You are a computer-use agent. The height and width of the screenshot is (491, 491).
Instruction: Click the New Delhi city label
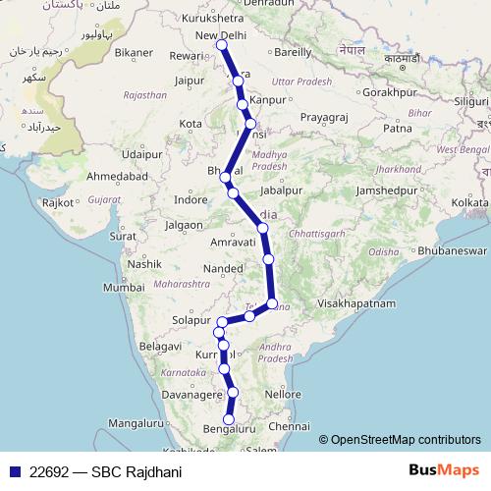click(222, 35)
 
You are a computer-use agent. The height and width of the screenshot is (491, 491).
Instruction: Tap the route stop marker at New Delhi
click(222, 45)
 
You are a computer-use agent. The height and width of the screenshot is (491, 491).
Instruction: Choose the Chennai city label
click(290, 427)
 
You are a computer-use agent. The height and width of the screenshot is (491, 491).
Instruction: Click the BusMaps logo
click(448, 471)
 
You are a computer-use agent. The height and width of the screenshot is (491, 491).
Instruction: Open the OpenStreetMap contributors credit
click(406, 440)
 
